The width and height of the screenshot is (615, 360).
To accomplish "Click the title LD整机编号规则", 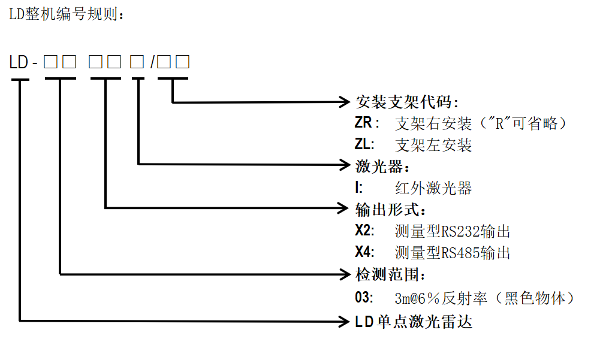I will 65,14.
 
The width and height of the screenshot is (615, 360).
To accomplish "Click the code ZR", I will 367,123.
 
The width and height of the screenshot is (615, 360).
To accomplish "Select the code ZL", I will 364,145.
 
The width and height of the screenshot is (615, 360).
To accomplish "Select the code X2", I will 364,231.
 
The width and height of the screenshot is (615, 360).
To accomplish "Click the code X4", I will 364,253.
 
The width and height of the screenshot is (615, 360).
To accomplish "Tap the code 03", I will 364,298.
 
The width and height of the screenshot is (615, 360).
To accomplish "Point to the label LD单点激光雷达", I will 414,322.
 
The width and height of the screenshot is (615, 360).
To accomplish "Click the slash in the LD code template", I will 153,62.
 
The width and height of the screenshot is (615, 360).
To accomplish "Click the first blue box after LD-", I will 50,62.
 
